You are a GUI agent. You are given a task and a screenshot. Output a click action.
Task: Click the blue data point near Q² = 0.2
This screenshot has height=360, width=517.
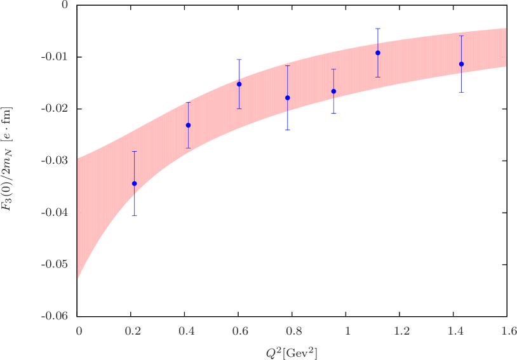coord(134,183)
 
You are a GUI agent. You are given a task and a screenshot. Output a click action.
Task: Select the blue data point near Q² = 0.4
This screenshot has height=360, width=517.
coord(188,125)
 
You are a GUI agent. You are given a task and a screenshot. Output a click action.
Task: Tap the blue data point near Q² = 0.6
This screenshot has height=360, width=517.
coord(239,84)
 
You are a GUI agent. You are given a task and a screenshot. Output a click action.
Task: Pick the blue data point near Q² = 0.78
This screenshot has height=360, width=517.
coord(288,98)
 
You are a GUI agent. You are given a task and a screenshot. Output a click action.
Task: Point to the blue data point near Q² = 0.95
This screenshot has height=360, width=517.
coord(333,91)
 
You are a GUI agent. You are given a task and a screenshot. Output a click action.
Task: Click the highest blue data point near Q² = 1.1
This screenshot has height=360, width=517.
coord(378,53)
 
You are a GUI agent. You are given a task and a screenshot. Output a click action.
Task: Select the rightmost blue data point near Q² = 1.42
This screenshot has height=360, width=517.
coord(461,64)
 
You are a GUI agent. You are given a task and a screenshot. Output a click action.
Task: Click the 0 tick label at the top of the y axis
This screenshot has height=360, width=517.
coord(65,5)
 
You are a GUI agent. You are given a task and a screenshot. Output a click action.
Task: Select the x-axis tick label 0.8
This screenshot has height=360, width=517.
coord(293,331)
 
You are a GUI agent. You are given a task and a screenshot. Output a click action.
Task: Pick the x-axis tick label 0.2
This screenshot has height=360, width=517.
coord(133,331)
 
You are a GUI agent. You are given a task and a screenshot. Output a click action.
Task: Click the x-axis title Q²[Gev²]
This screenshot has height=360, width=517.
coord(293,352)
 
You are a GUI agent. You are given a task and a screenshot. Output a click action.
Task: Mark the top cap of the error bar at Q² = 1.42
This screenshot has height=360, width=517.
coord(461,36)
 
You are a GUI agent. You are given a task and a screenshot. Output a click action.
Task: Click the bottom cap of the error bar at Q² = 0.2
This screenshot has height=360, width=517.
coord(134,216)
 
